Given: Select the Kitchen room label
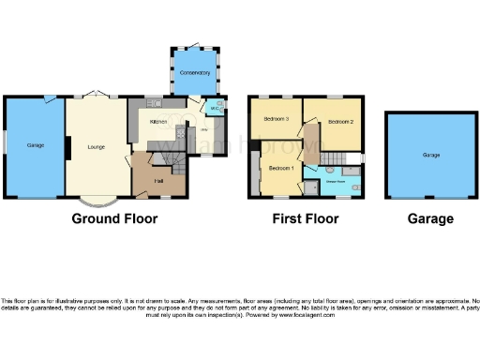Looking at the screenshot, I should [x=158, y=122].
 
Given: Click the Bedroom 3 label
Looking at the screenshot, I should [x=275, y=119].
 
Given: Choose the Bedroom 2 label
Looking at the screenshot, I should [x=340, y=122].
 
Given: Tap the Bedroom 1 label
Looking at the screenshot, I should [x=281, y=168].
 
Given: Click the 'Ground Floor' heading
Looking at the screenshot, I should [x=114, y=219].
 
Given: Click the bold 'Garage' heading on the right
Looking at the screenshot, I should [x=430, y=219].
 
